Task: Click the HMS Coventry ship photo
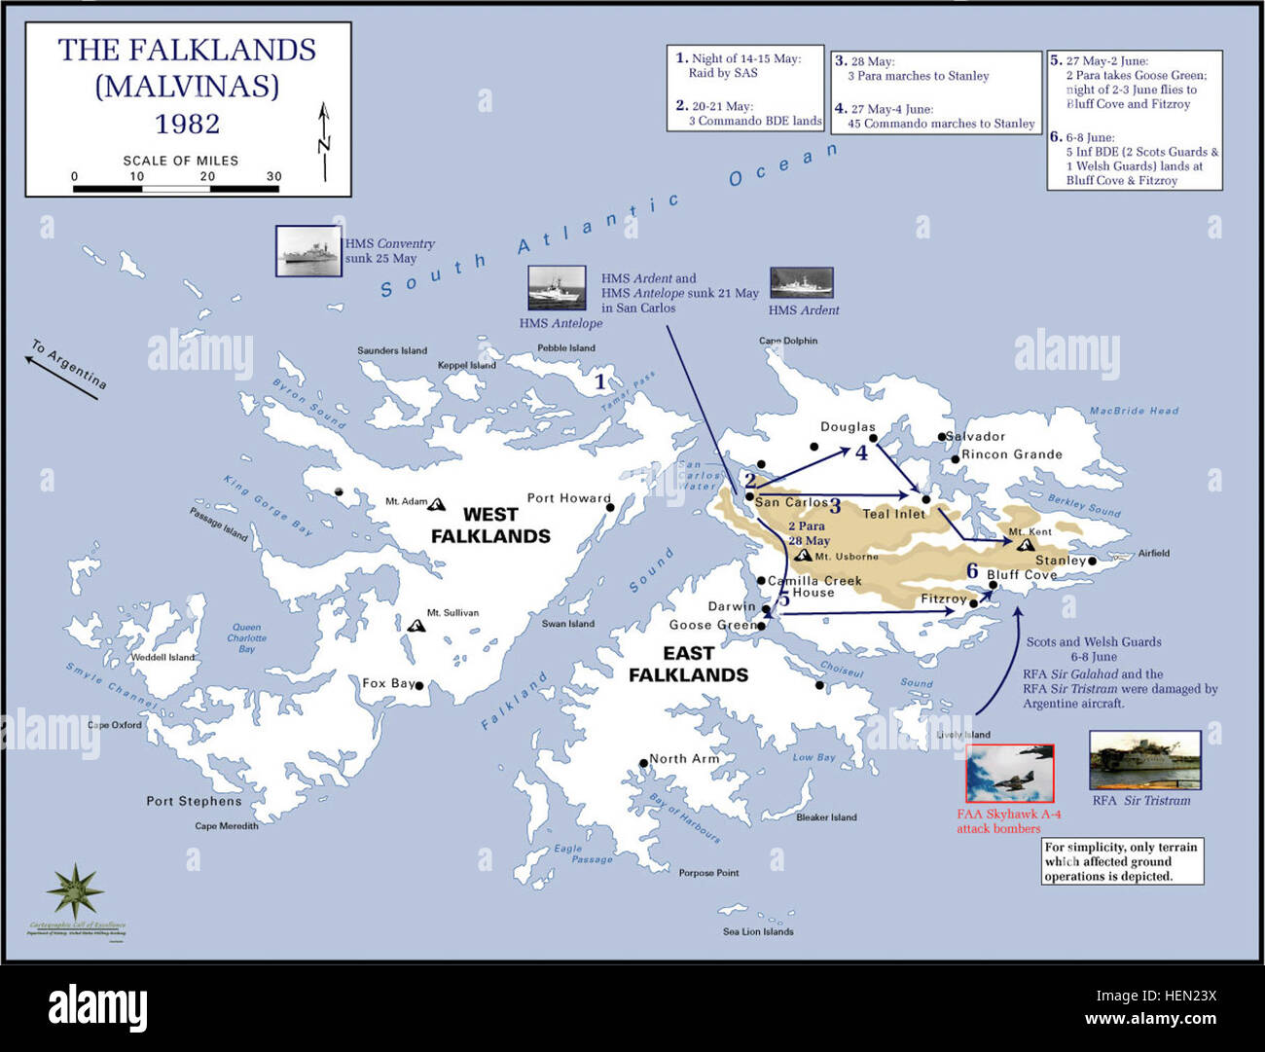308,251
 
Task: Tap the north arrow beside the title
324,141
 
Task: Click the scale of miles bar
177,189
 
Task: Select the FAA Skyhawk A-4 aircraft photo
1009,774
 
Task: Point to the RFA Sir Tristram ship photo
1144,761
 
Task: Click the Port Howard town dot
610,507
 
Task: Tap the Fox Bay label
388,683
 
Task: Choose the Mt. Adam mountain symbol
437,504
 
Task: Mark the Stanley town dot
1093,561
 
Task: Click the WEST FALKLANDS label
490,526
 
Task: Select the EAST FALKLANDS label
688,664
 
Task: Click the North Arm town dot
643,764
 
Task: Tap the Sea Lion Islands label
758,931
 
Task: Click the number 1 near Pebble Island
600,381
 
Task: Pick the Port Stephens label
194,801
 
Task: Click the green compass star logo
75,889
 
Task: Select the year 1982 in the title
187,124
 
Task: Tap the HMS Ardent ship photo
801,283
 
